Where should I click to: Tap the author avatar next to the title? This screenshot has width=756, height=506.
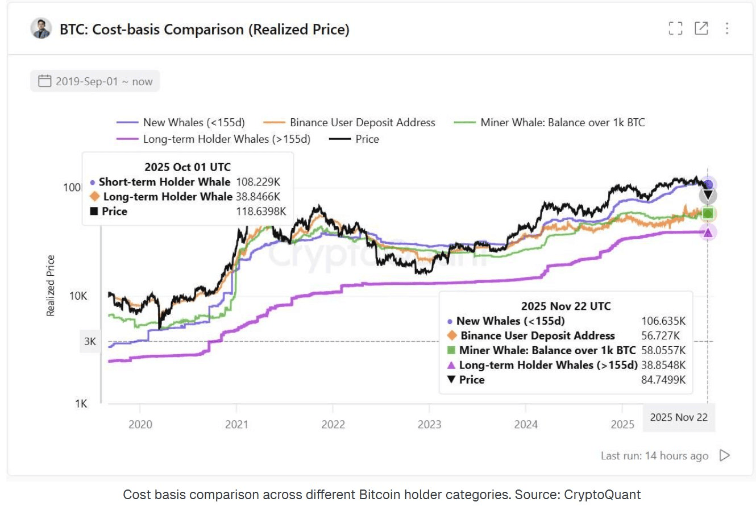click(41, 28)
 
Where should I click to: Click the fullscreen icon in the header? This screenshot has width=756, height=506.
click(675, 28)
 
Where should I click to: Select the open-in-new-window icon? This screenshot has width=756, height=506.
click(701, 28)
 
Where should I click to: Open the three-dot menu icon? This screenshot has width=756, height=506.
click(727, 28)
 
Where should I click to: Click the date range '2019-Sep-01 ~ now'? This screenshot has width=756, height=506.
click(95, 81)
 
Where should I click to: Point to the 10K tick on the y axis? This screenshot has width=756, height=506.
click(78, 296)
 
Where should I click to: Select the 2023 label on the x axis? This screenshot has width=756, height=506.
click(429, 424)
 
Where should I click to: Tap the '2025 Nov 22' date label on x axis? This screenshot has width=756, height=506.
click(679, 417)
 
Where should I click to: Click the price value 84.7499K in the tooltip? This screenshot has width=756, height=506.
click(663, 380)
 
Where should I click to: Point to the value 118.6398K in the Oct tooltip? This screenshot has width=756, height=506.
click(261, 211)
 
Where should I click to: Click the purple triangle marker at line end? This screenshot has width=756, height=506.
click(708, 232)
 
